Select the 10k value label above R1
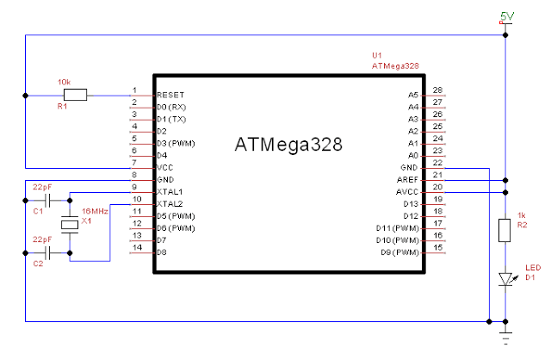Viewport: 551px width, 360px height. point(65,82)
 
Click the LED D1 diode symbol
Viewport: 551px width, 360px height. point(505,279)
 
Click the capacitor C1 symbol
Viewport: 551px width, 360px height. point(49,199)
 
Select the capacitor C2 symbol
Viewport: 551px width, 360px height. point(49,252)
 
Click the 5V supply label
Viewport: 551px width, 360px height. point(507,16)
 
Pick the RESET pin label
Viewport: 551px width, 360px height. point(170,94)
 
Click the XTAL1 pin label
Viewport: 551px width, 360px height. point(169,190)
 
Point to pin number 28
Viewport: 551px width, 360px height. point(437,90)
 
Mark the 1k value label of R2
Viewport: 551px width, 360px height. point(520,214)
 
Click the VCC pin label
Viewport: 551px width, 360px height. point(164,166)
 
